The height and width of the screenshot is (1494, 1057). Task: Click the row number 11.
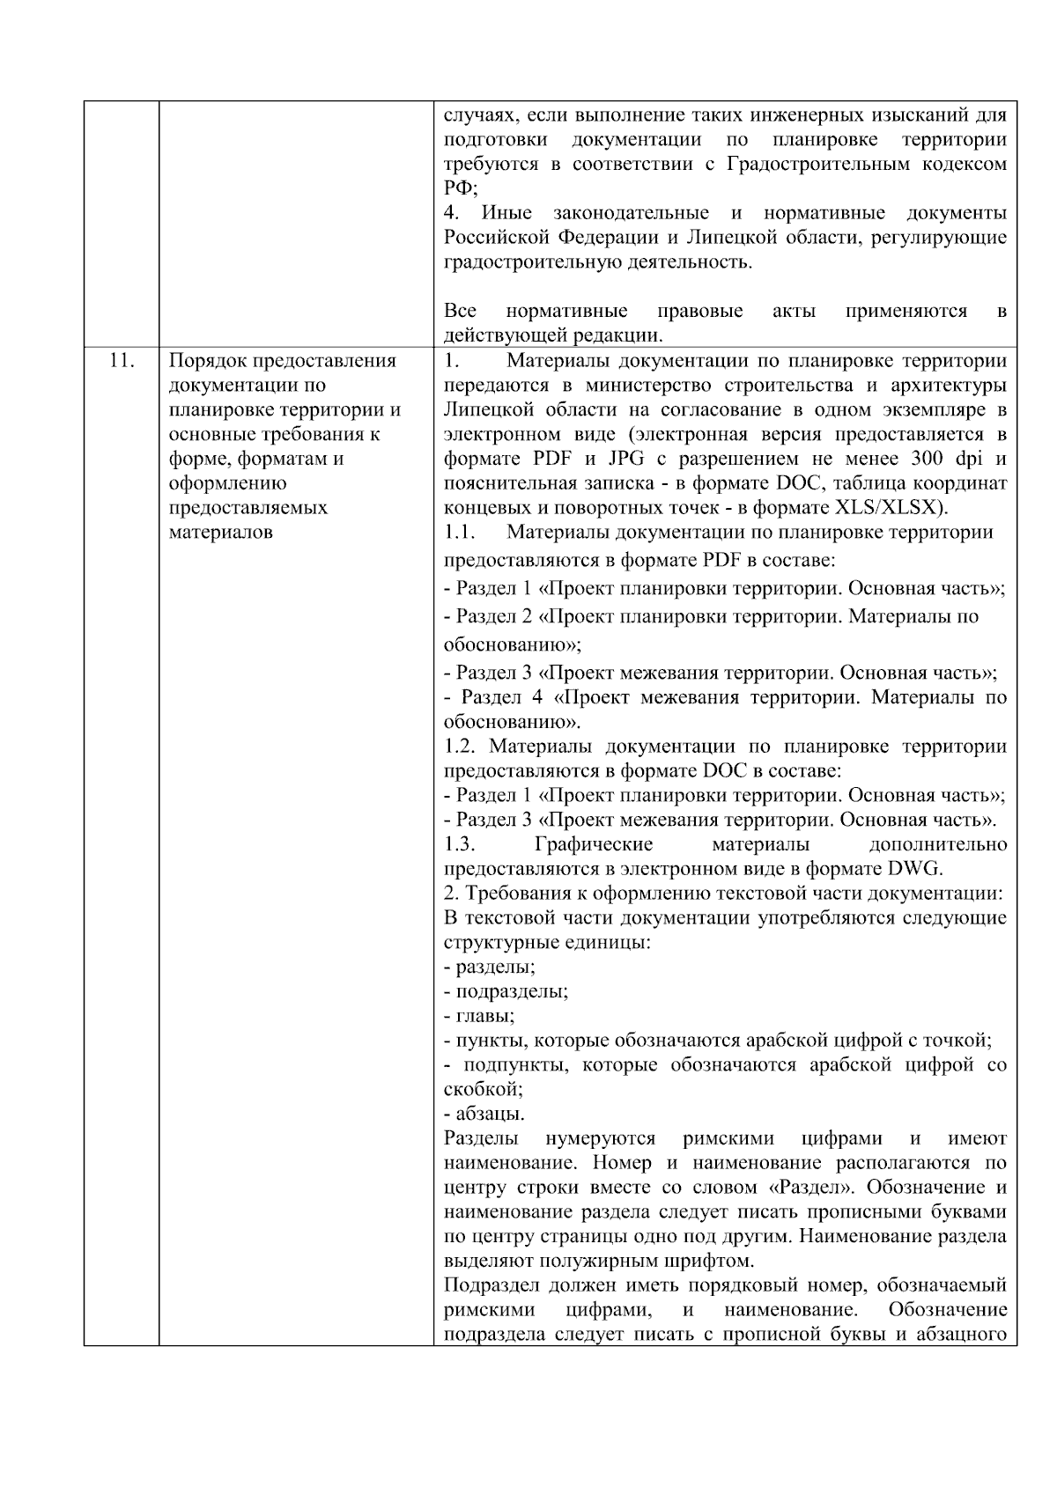(x=121, y=360)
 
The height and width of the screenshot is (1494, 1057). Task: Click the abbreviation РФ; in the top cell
(x=460, y=188)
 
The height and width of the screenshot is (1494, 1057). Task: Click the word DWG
(x=913, y=869)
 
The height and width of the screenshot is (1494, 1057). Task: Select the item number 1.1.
(x=460, y=532)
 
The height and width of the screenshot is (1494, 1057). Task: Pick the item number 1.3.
(x=460, y=844)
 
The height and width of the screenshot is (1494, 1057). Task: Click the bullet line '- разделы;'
(x=490, y=967)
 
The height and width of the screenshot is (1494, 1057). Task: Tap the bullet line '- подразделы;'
(x=506, y=991)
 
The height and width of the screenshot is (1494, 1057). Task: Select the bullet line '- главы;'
(x=480, y=1016)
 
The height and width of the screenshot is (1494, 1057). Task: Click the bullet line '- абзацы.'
(x=484, y=1114)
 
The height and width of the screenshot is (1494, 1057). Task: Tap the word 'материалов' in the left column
(x=221, y=532)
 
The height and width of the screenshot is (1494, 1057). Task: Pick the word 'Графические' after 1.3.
(x=594, y=844)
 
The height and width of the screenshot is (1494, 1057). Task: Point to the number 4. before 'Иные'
(x=452, y=213)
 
